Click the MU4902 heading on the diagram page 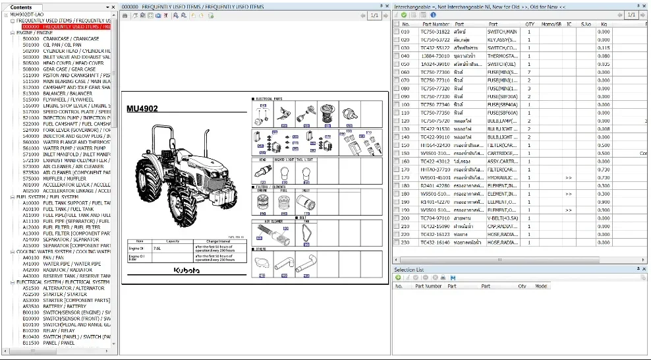(x=143, y=109)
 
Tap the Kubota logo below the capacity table (x=187, y=271)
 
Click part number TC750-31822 (x=435, y=32)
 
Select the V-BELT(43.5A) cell (x=502, y=218)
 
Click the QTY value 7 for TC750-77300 (x=529, y=73)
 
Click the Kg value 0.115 (x=604, y=48)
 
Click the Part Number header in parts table (x=436, y=24)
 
